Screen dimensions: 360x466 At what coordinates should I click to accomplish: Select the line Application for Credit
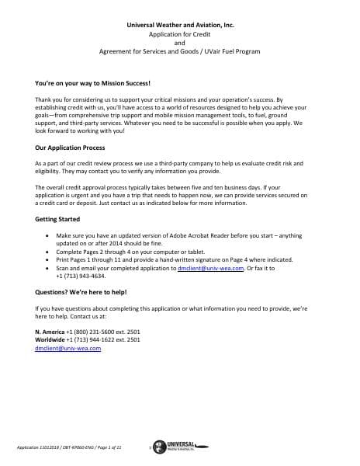[179, 35]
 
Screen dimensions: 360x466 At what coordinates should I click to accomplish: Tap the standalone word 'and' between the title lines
[179, 43]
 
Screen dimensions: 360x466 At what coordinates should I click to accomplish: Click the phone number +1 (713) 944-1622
[96, 340]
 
